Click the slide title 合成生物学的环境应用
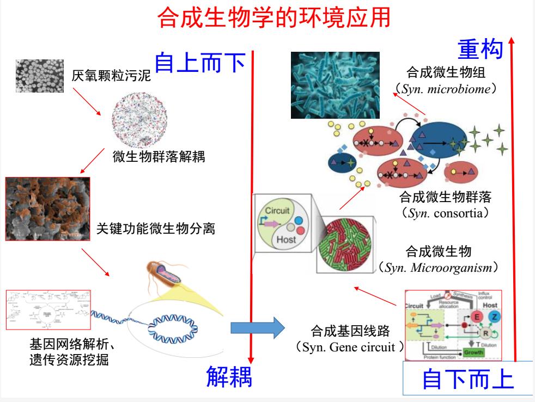click(273, 19)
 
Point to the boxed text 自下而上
click(468, 379)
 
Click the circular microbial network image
click(139, 117)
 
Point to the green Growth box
click(473, 352)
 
